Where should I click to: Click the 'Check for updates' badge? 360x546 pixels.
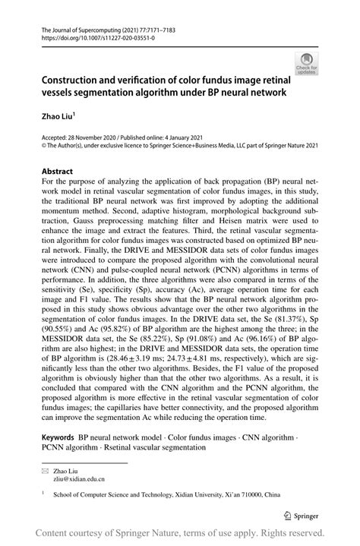tap(308, 64)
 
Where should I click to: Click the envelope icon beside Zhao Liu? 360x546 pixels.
tap(45, 472)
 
